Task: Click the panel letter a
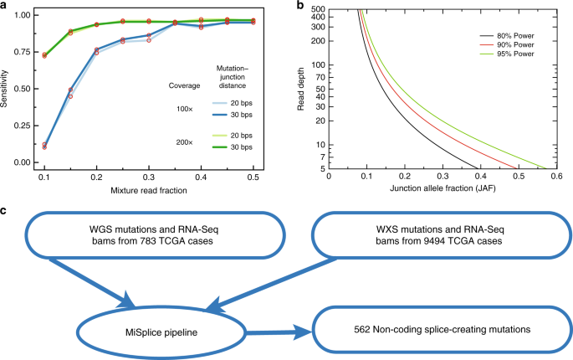[4, 5]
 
